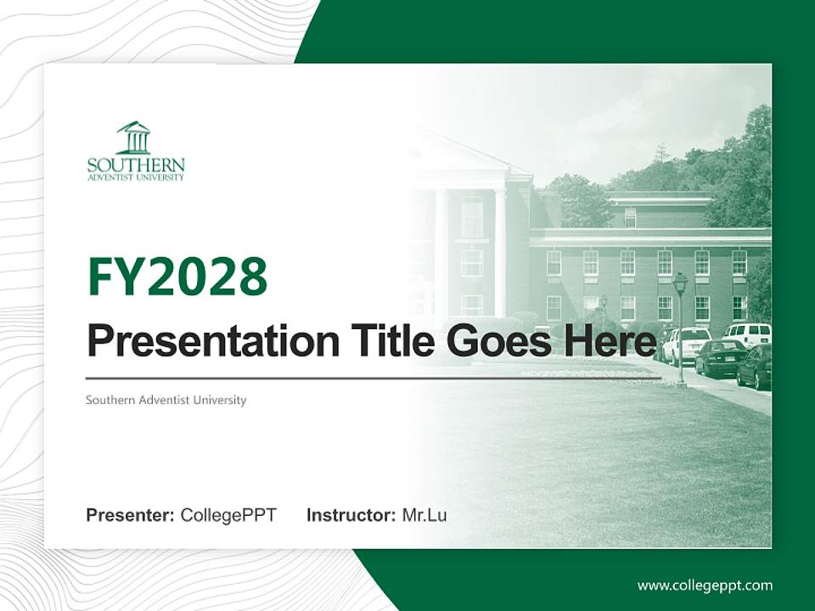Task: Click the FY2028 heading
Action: coord(177,277)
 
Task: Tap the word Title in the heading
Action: coord(379,341)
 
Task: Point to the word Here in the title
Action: coord(611,341)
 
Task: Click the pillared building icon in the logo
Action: coord(134,137)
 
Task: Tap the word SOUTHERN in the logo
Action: coord(136,165)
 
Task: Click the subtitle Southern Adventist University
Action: coord(166,400)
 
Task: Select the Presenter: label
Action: coord(131,514)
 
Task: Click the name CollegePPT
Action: coord(228,514)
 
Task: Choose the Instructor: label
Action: coord(351,514)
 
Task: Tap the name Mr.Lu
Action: coord(424,514)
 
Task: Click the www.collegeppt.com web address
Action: coord(705,585)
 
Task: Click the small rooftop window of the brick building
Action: coord(630,217)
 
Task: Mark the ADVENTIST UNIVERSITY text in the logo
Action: coord(136,177)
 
